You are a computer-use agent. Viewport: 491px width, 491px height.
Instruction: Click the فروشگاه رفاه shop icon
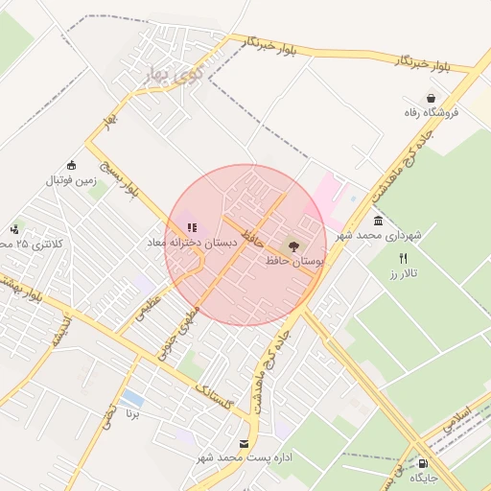(432, 98)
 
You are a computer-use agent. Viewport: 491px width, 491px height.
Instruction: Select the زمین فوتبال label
(72, 179)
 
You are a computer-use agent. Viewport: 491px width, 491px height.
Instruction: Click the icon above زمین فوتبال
(71, 164)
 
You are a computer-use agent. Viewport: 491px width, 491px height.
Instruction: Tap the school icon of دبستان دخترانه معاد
(192, 228)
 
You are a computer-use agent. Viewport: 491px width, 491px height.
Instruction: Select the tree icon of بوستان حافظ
(292, 245)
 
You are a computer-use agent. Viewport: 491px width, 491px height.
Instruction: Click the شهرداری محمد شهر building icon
(379, 222)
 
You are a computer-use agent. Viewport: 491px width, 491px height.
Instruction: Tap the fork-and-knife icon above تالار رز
(404, 259)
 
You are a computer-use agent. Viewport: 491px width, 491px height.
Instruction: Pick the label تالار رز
(406, 274)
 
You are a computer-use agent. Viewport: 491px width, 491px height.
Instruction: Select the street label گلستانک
(213, 392)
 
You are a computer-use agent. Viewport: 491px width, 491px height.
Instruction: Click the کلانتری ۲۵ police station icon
(14, 229)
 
